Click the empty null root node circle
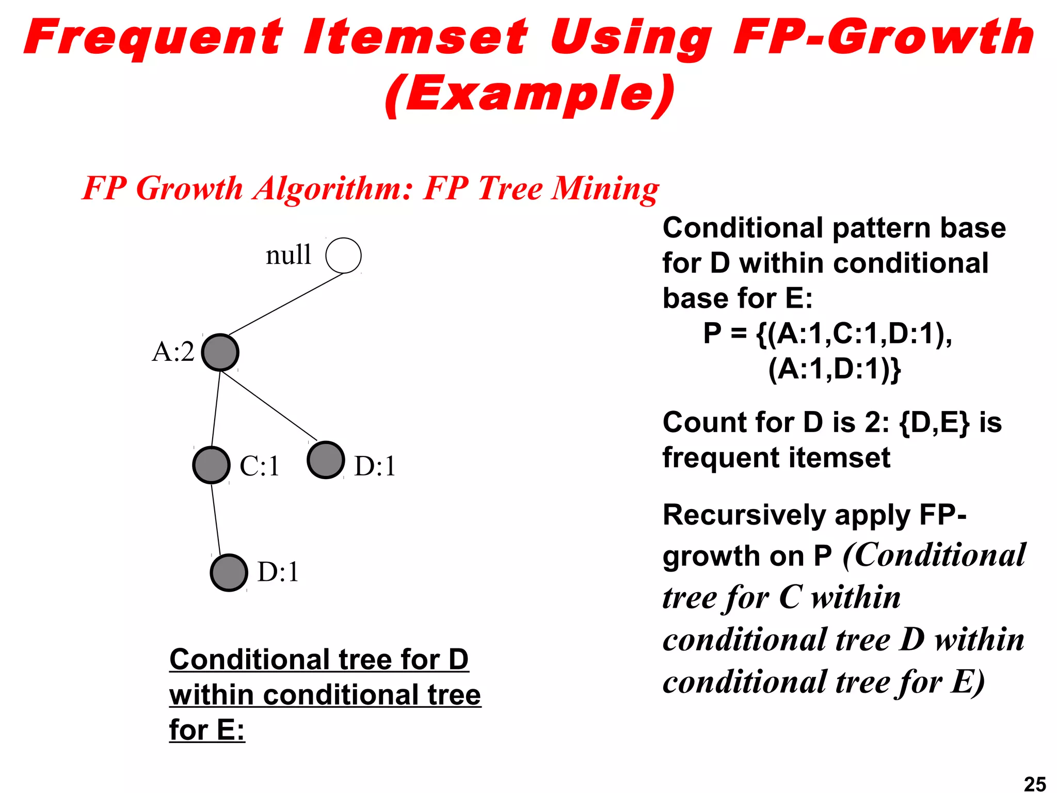(343, 256)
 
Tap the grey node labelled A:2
(220, 353)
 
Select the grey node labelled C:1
(211, 465)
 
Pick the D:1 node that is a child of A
(326, 460)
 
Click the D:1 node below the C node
(229, 573)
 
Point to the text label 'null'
(289, 255)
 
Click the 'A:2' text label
(173, 353)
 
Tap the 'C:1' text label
(260, 466)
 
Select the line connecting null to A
(285, 305)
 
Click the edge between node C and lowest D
(216, 519)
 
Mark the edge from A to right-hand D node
(268, 406)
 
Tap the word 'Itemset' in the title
(415, 37)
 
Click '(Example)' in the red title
(530, 94)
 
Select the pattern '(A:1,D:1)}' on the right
(834, 370)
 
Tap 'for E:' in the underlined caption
(206, 730)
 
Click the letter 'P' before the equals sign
(712, 334)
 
